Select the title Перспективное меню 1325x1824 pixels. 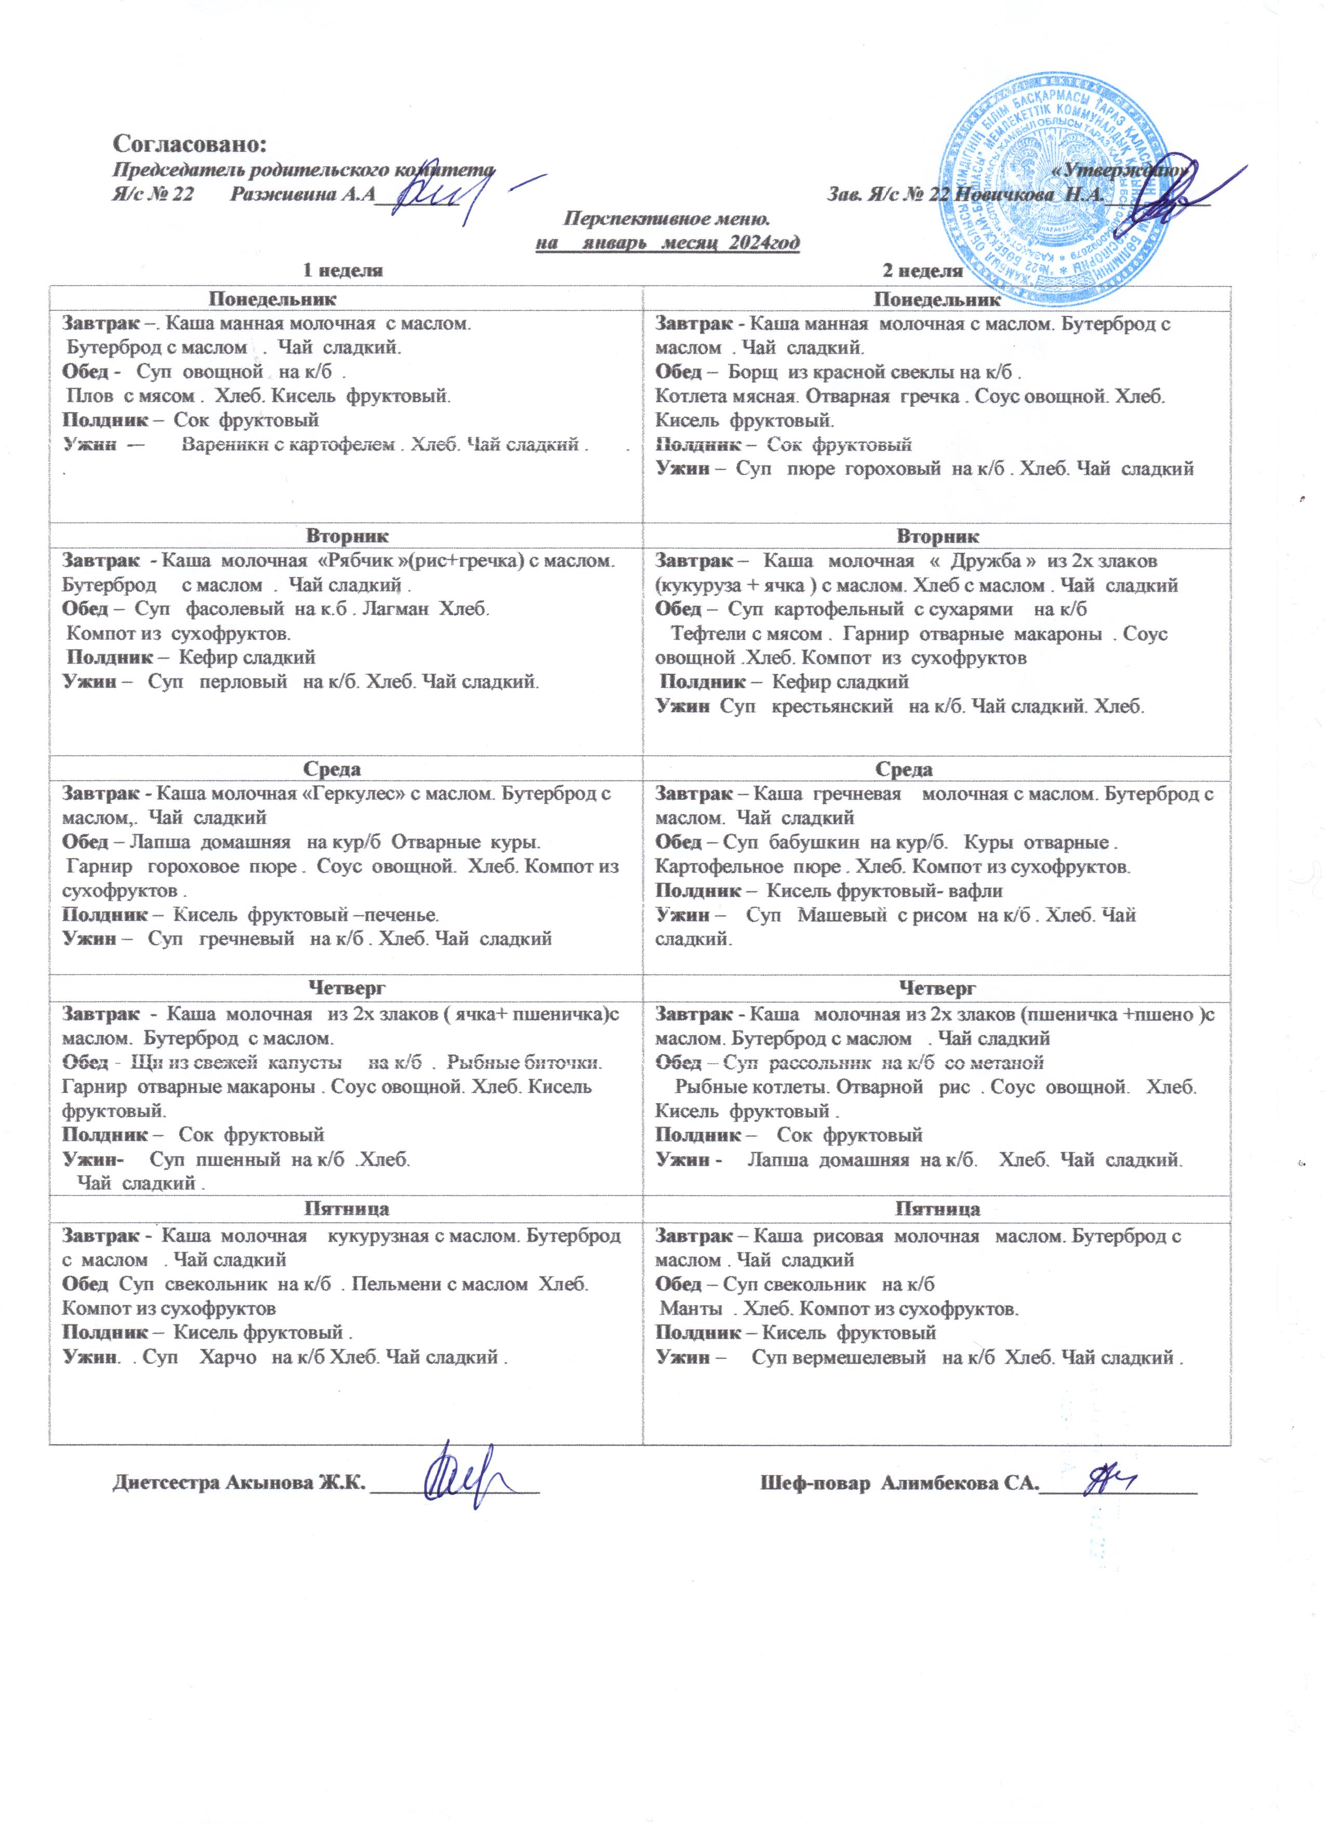click(x=667, y=219)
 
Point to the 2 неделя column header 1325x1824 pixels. click(x=922, y=270)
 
